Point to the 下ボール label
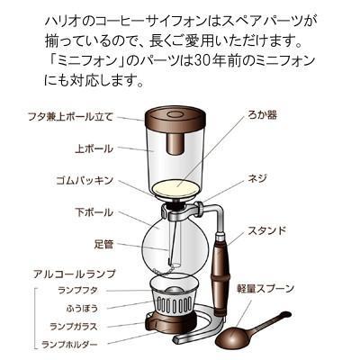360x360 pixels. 95,212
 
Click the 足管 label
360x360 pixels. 102,242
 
